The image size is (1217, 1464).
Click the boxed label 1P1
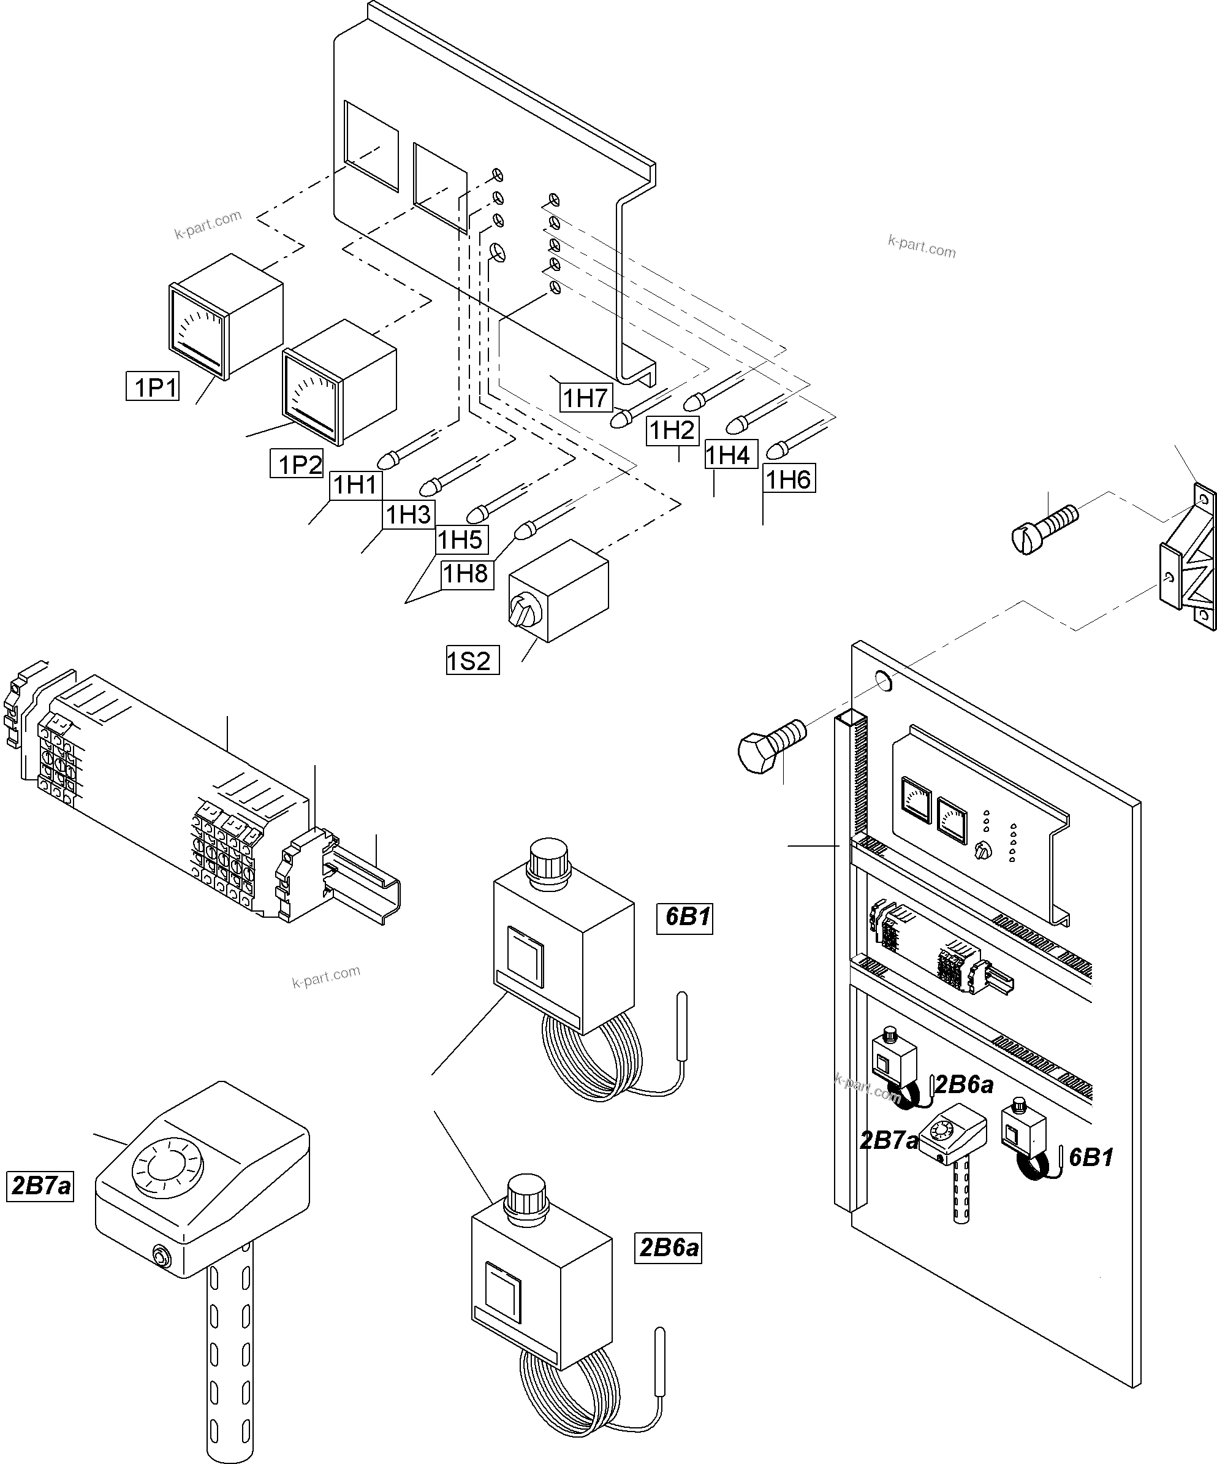tap(153, 386)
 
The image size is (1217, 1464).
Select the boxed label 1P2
tap(297, 463)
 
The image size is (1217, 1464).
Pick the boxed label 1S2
tap(472, 660)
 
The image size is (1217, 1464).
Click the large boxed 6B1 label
tap(685, 917)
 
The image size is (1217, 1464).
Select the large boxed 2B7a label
tap(40, 1185)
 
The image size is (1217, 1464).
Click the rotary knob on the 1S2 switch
tap(524, 611)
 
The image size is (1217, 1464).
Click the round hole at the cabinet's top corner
tap(882, 681)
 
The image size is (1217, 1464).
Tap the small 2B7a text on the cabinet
tap(888, 1140)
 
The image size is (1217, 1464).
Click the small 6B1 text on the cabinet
tap(1091, 1157)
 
